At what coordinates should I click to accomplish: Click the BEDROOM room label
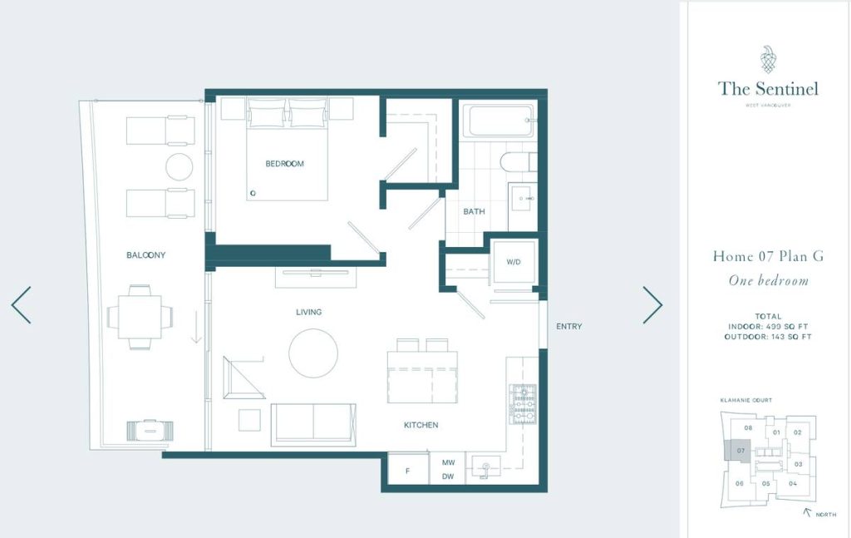[x=284, y=164]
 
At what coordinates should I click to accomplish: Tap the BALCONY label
[x=145, y=254]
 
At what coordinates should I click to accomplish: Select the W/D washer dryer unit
[x=514, y=262]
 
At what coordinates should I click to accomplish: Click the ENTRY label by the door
[x=568, y=326]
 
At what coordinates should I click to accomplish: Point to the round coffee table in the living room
[x=313, y=353]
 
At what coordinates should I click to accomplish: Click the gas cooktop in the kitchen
[x=523, y=404]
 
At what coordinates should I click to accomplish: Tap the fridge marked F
[x=407, y=470]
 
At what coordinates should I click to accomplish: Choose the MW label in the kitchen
[x=448, y=462]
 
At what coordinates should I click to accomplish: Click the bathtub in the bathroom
[x=499, y=121]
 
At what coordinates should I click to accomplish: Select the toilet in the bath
[x=519, y=162]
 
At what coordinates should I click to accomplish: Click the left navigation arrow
[x=21, y=305]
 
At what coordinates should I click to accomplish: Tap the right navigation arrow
[x=652, y=305]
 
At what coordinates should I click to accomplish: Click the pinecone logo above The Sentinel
[x=767, y=59]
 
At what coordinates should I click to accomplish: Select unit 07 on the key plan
[x=738, y=452]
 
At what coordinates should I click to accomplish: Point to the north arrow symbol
[x=807, y=511]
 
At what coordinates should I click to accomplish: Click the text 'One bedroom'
[x=768, y=280]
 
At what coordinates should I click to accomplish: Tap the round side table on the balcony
[x=180, y=166]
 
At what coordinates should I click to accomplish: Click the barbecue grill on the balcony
[x=150, y=430]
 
